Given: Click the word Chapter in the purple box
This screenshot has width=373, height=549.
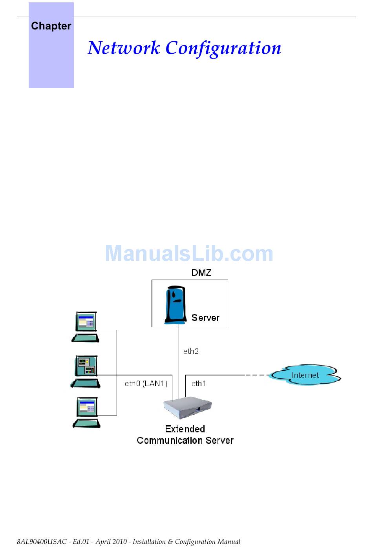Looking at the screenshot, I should (x=51, y=26).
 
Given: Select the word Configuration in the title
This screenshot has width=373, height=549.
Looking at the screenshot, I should (x=223, y=48).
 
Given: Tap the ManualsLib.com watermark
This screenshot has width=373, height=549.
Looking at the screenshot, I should (x=189, y=254).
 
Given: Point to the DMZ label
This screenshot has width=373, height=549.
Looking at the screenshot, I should (x=201, y=273).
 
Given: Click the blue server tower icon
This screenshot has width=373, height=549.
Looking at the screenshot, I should (x=176, y=305).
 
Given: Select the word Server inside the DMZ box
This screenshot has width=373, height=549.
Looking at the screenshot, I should (x=205, y=318).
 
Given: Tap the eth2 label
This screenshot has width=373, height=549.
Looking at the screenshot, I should (x=191, y=351).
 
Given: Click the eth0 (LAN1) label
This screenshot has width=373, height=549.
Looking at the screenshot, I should (x=146, y=383).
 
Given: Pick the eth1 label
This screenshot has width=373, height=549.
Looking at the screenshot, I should (x=199, y=383).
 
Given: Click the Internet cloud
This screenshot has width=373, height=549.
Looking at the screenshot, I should (x=305, y=375).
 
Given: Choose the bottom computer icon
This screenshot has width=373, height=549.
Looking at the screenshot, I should (x=86, y=412).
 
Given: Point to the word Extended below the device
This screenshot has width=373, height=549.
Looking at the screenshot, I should (x=185, y=429).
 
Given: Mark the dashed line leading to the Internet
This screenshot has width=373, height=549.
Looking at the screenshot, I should (x=257, y=375).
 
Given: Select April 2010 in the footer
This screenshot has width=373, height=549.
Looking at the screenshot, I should (x=111, y=542).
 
